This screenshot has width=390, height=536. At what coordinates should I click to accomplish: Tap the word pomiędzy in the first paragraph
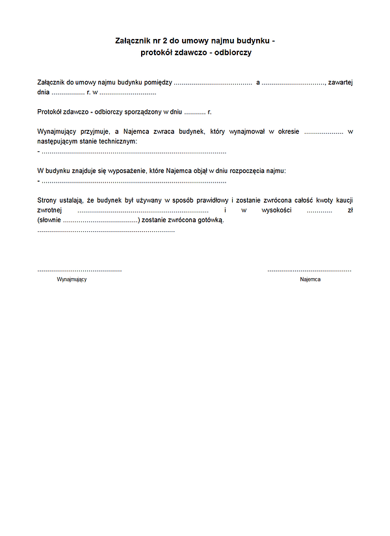[157, 83]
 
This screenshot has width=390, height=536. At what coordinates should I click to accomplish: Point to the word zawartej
[340, 83]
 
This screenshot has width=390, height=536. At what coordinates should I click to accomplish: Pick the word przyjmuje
[96, 131]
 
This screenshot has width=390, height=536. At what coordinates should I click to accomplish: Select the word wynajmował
[248, 131]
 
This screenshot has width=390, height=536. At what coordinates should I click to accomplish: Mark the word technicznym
[117, 141]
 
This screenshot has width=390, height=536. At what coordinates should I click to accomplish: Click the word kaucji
[342, 201]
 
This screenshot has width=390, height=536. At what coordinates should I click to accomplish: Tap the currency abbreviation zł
[350, 211]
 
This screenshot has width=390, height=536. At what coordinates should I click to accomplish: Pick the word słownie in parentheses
[51, 220]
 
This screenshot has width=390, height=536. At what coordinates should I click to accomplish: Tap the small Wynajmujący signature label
[71, 279]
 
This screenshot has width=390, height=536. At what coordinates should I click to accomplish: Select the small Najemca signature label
[310, 279]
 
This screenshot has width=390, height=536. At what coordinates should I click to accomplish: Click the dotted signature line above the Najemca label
[309, 270]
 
